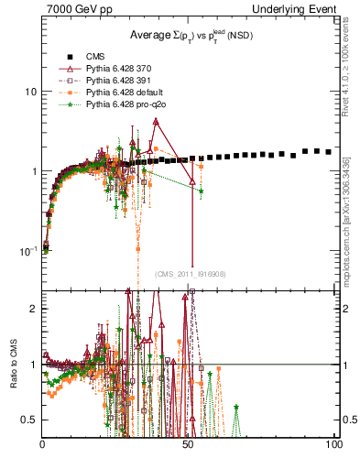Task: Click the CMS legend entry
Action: (94, 57)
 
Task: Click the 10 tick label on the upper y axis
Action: (29, 93)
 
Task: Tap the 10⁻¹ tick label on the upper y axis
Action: (27, 250)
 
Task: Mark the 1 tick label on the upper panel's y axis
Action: (33, 171)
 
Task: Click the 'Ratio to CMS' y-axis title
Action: (13, 365)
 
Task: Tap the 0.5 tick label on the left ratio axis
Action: (27, 420)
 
